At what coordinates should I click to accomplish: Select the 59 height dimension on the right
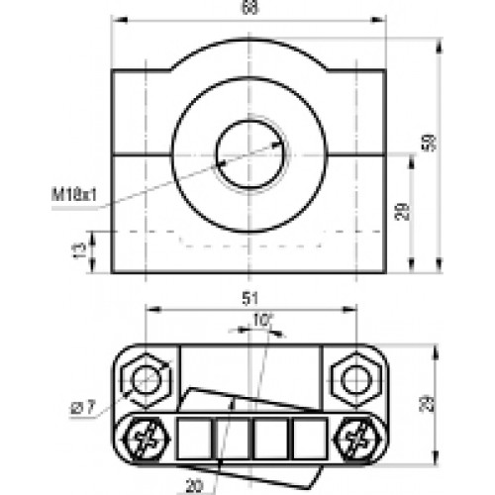pos(429,143)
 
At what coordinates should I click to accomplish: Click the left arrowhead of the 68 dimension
pos(115,21)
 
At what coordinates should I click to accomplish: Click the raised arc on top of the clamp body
pos(248,44)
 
